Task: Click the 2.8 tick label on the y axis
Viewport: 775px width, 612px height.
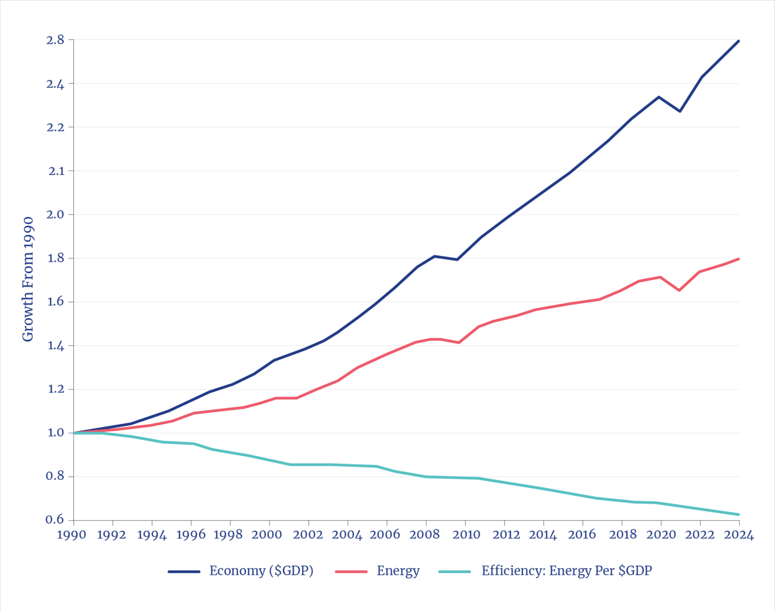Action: [x=55, y=40]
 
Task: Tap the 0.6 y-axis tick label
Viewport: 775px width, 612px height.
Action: [x=55, y=519]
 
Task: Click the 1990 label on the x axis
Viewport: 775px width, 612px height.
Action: [x=72, y=534]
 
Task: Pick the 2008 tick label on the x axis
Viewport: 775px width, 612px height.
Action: [x=425, y=534]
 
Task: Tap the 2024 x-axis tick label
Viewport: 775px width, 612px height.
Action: [x=739, y=534]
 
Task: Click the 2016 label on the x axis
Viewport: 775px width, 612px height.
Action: [x=582, y=534]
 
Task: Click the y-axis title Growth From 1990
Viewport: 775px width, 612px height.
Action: [x=28, y=279]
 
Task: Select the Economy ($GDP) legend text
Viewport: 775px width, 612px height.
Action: [x=261, y=571]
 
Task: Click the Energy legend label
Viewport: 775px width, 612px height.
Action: [x=398, y=571]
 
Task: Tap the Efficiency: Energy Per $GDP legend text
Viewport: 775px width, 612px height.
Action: [x=567, y=571]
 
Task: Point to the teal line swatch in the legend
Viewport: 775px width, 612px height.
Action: [x=455, y=571]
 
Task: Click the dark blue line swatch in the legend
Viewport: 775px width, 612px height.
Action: [x=183, y=571]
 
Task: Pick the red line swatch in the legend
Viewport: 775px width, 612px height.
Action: [x=351, y=571]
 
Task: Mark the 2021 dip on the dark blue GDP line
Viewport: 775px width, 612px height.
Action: [x=680, y=112]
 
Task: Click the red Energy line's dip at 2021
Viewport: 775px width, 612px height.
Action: [x=679, y=290]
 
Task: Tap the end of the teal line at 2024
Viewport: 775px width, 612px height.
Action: [x=739, y=514]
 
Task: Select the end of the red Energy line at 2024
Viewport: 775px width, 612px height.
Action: [x=739, y=259]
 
